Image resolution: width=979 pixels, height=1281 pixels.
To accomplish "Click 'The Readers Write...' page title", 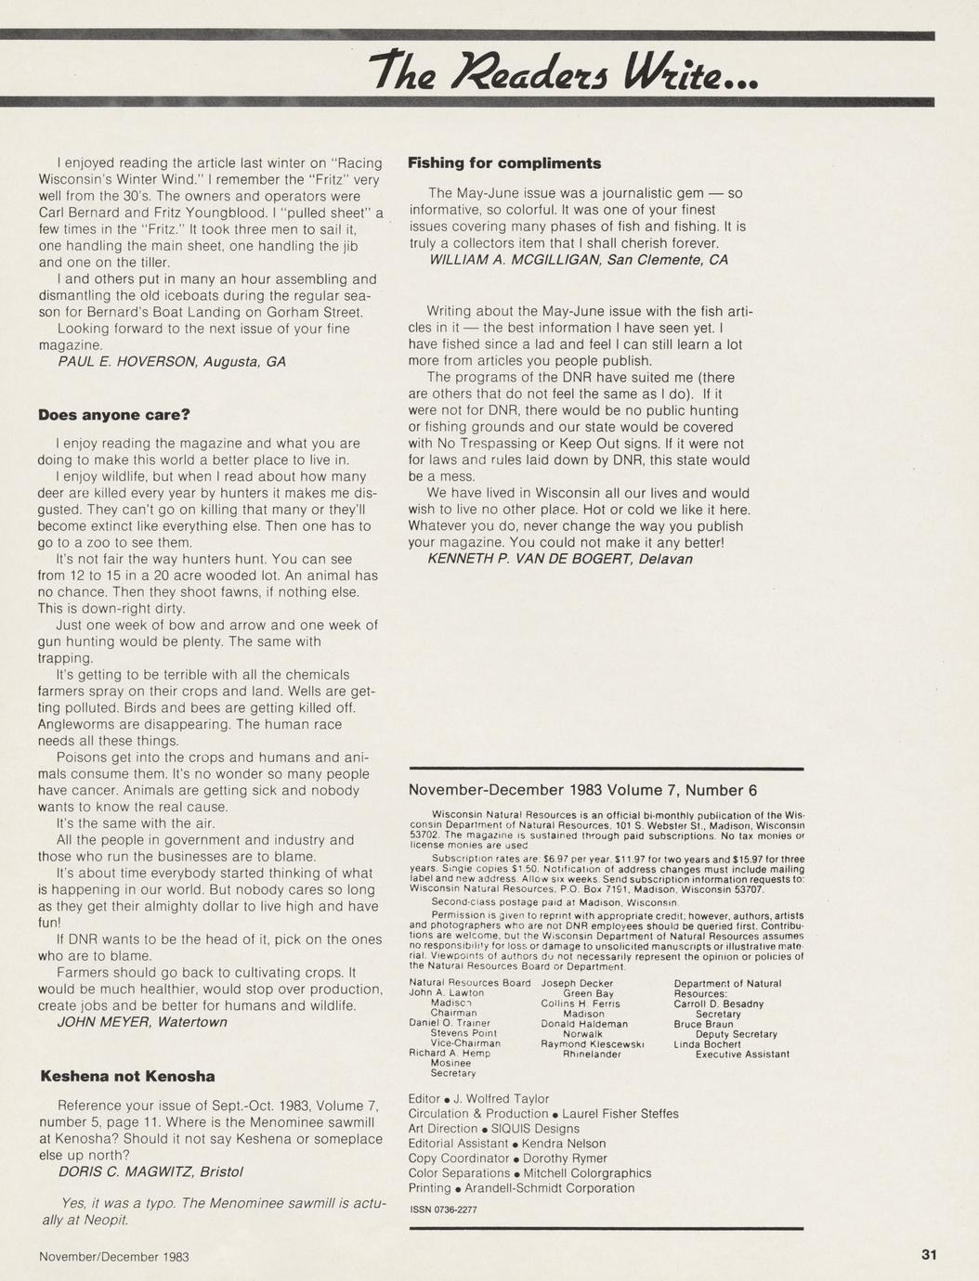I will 564,67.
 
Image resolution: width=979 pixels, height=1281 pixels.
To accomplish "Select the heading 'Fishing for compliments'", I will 504,163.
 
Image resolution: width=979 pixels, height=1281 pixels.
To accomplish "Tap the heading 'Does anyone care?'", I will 113,415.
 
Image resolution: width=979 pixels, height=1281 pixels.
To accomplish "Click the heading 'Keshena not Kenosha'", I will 127,1077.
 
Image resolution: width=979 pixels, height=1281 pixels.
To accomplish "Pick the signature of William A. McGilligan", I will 579,260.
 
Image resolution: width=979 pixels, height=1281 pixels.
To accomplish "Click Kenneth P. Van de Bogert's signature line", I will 559,559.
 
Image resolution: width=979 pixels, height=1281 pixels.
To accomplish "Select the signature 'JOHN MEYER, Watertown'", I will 142,1022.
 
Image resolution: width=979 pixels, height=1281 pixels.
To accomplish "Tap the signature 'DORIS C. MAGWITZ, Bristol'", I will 150,1171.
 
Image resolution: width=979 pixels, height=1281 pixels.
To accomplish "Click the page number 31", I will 929,1255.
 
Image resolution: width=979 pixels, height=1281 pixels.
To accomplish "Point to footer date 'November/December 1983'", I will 114,1257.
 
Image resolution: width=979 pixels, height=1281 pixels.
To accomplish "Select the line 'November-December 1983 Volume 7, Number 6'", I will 582,791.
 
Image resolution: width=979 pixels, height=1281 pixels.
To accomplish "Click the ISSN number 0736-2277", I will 443,1210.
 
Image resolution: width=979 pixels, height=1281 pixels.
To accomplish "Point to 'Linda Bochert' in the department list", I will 708,1044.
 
